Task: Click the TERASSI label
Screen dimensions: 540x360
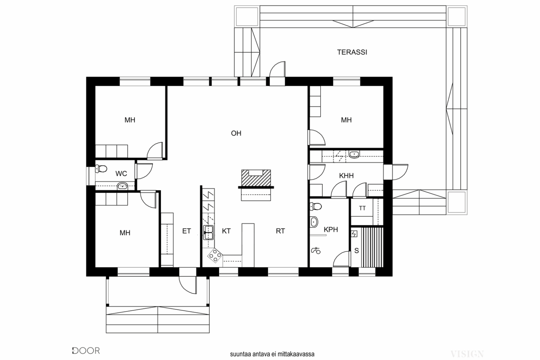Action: (352, 52)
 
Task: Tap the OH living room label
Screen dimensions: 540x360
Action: (236, 133)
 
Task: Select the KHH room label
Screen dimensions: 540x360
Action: (346, 175)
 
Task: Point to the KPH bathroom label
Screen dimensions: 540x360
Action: (331, 230)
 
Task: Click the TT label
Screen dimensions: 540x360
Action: (362, 208)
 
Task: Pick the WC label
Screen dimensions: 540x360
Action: (121, 174)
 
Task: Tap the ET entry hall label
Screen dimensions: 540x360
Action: (187, 231)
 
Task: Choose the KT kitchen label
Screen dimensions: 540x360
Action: (226, 231)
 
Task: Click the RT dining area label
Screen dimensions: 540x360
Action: (280, 231)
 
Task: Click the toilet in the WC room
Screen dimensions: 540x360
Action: (101, 168)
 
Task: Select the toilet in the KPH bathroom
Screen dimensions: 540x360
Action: (316, 206)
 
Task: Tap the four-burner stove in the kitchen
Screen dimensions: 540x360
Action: (215, 255)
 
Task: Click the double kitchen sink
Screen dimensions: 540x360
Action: (208, 232)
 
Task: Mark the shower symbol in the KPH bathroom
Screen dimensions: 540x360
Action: (316, 251)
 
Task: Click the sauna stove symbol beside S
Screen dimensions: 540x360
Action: (354, 234)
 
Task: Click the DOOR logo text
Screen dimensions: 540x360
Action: (86, 351)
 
